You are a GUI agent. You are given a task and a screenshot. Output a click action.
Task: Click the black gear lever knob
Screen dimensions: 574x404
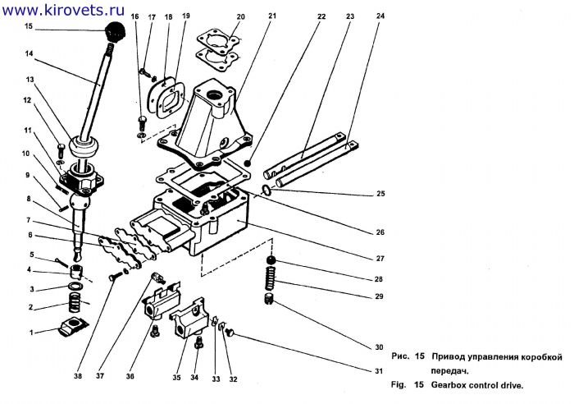(116, 32)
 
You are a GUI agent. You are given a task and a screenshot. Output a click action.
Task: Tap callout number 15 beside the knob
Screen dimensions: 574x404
(29, 26)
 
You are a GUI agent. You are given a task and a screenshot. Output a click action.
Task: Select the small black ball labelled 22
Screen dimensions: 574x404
(248, 163)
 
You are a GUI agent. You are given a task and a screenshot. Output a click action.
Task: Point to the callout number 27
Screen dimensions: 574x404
(380, 259)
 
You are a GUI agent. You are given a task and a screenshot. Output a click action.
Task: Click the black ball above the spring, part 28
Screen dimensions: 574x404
(271, 260)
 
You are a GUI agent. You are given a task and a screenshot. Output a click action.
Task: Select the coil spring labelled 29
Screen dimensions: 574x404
(270, 280)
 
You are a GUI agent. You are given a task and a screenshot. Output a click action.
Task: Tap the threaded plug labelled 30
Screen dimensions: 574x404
(269, 299)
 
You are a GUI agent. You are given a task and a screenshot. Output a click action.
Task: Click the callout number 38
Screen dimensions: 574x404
(78, 376)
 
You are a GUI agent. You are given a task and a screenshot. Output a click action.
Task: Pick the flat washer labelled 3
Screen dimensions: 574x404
(75, 286)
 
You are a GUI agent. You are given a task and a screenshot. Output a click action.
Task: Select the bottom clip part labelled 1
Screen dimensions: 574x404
(73, 327)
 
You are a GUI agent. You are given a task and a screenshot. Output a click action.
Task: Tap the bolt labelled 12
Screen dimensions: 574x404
(61, 151)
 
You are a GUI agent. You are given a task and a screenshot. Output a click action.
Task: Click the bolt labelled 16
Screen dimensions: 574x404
(142, 122)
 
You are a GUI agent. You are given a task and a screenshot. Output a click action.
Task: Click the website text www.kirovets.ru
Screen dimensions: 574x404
(63, 10)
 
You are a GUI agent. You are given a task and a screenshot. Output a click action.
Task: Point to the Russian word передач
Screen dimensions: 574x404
(449, 371)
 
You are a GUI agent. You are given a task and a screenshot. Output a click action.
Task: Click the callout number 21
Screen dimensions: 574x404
(272, 16)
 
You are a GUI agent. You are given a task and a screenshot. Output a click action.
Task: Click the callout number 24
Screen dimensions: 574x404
(380, 16)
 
